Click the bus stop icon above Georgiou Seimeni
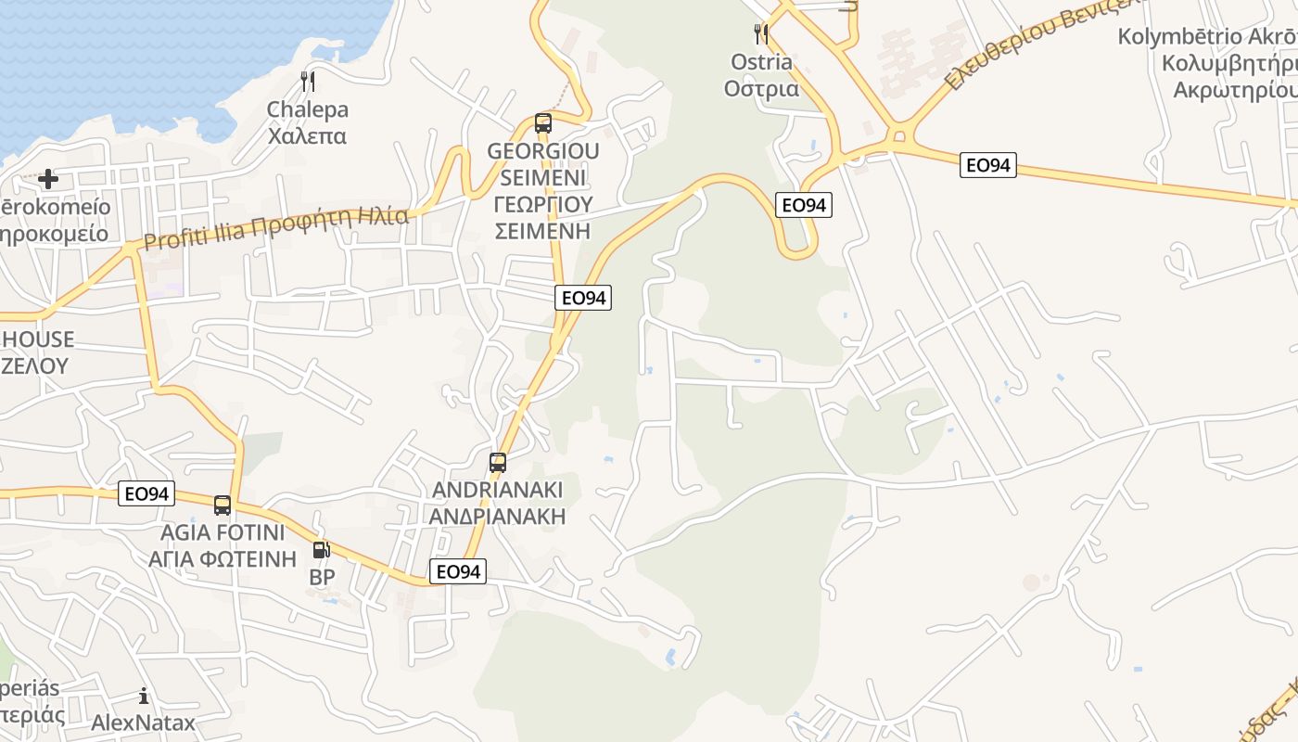[543, 122]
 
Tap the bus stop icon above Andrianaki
[498, 462]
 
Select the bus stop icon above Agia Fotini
[223, 505]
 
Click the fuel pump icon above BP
[321, 550]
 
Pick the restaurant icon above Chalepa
[308, 82]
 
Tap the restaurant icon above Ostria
[761, 34]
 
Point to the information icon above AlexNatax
[143, 696]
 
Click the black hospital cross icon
[48, 178]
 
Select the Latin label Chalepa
[308, 109]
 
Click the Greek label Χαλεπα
[308, 135]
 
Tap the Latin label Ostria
[761, 62]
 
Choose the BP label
[322, 577]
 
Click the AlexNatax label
[143, 723]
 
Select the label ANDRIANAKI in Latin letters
[498, 490]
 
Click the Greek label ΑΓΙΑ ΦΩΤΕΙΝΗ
[223, 558]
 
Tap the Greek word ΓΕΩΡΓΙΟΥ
[543, 204]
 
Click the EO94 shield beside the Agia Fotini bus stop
[146, 493]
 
